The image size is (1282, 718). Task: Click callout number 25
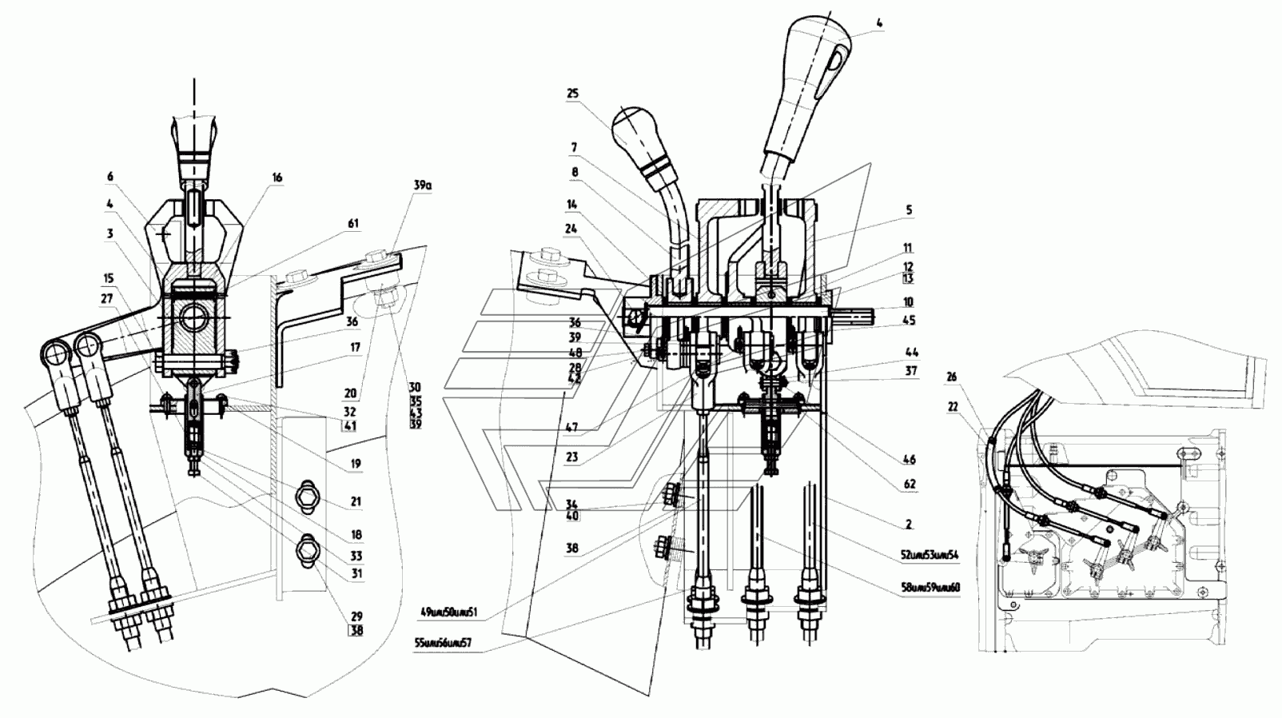572,94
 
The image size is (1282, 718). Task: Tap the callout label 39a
422,185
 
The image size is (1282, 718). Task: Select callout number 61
352,225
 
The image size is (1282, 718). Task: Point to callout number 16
277,178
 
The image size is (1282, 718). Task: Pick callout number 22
952,406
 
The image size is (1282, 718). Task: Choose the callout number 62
910,484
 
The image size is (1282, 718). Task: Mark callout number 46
910,460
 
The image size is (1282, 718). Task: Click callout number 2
909,525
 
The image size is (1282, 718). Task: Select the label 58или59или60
929,588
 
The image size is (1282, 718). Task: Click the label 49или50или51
448,612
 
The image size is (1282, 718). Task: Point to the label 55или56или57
443,642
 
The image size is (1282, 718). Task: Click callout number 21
356,501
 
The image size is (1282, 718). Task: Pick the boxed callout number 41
350,426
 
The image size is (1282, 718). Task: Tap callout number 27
107,298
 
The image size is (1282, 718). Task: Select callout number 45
909,321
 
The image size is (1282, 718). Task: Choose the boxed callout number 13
908,278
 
